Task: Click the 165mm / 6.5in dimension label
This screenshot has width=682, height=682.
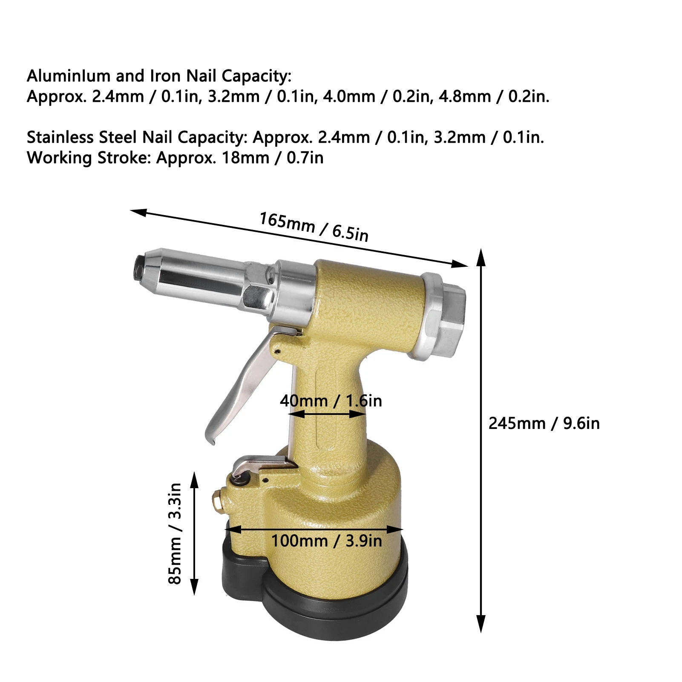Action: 314,227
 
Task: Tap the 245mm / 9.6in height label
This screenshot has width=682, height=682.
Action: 544,423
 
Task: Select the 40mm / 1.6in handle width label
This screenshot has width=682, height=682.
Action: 331,401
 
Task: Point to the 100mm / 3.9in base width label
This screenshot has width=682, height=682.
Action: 326,541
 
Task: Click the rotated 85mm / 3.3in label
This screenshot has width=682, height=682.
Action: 175,533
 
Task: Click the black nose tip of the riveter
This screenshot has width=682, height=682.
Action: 139,269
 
